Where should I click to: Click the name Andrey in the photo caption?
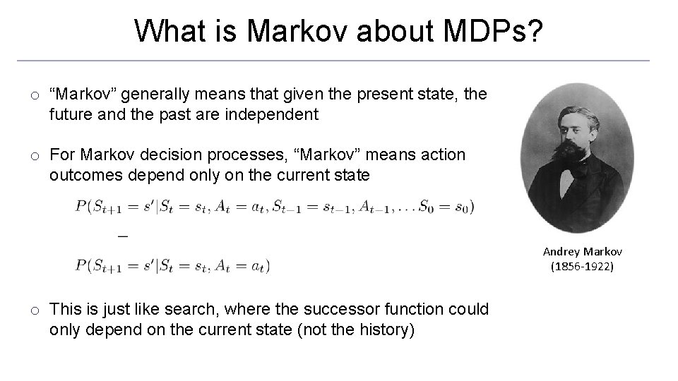(x=561, y=252)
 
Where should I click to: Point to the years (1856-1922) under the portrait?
(x=583, y=266)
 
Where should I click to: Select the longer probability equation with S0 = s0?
(x=275, y=207)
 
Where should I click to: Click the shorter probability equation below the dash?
(x=172, y=266)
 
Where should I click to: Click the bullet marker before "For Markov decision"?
(x=34, y=155)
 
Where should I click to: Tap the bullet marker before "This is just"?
(x=34, y=310)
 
